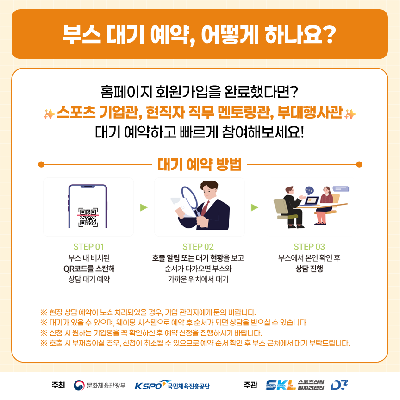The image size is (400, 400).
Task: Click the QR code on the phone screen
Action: click(x=88, y=217)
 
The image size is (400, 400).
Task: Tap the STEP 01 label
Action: click(x=88, y=247)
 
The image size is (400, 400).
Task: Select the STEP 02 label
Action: click(x=198, y=247)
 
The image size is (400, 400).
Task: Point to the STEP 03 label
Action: click(x=309, y=247)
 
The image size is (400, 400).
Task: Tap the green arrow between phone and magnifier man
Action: click(x=144, y=207)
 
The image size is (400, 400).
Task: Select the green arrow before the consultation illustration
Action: click(x=255, y=207)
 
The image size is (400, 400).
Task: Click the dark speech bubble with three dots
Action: click(x=309, y=190)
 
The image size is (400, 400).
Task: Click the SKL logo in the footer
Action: click(x=281, y=385)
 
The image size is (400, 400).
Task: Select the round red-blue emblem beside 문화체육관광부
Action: click(x=79, y=385)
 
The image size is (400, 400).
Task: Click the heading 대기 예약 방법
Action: click(x=200, y=164)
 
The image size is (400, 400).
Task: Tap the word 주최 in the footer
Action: click(x=58, y=385)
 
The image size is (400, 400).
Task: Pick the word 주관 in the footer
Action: click(x=250, y=385)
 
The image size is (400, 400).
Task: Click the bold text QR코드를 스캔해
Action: click(x=89, y=269)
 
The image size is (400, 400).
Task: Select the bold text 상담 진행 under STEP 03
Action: click(x=309, y=269)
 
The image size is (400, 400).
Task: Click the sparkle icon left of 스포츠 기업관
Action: click(x=49, y=114)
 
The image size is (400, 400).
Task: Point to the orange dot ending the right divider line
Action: click(x=359, y=164)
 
